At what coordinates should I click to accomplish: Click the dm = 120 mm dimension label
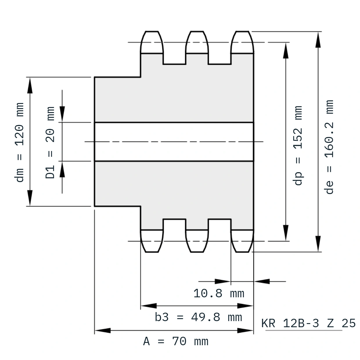pyautogui.click(x=19, y=142)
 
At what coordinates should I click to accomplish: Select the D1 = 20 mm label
pyautogui.click(x=50, y=143)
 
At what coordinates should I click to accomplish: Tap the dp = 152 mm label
pyautogui.click(x=298, y=145)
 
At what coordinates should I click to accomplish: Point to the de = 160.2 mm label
pyautogui.click(x=329, y=147)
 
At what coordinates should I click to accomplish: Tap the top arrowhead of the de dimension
pyautogui.click(x=318, y=39)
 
